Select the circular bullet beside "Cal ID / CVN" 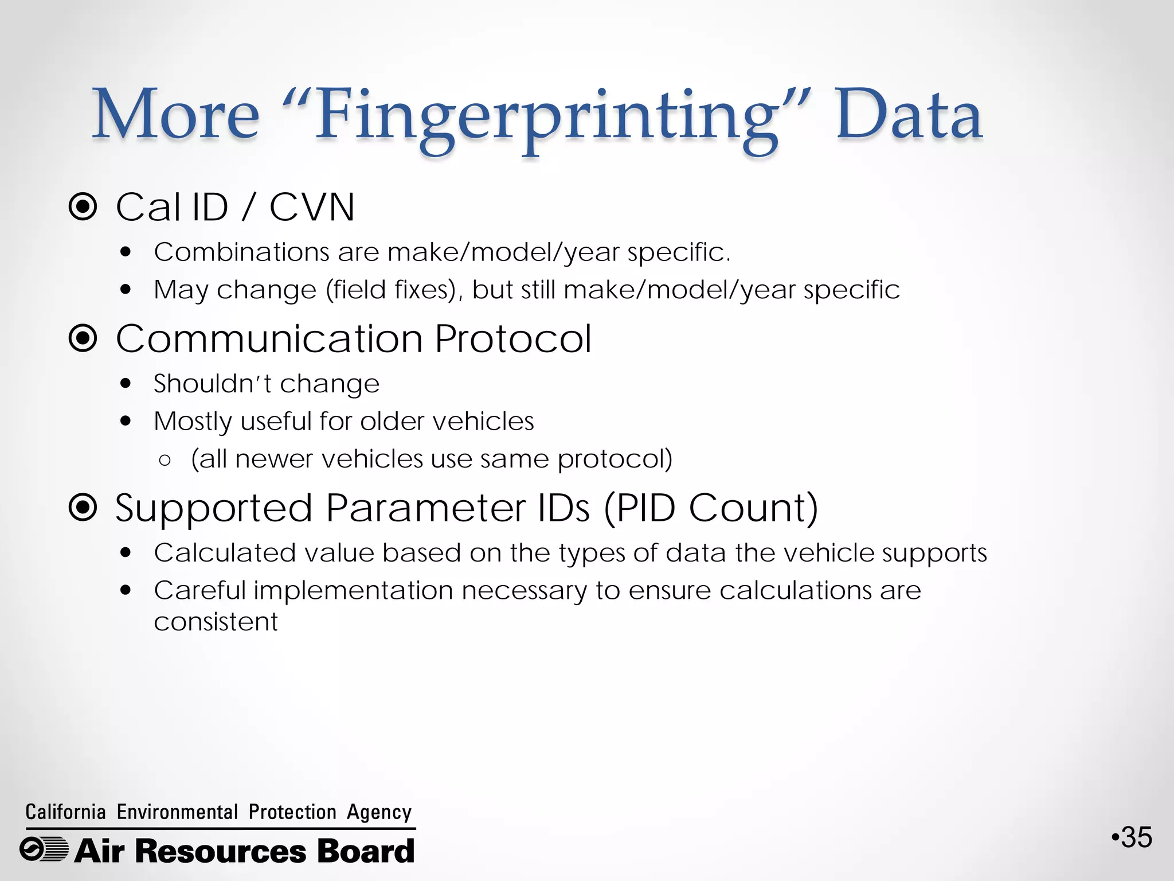(83, 207)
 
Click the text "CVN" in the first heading (312, 207)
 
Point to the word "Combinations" (241, 252)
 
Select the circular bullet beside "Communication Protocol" (83, 338)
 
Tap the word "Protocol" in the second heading (512, 338)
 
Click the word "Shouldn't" (212, 384)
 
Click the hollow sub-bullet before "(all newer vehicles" (165, 461)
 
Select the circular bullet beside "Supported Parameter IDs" (83, 508)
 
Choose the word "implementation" (353, 591)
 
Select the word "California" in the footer (65, 812)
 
